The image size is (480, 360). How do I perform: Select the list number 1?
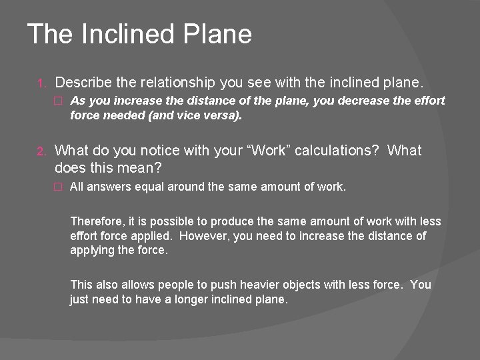[x=41, y=84]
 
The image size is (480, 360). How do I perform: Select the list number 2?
[x=40, y=151]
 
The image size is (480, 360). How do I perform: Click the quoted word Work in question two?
[x=267, y=151]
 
